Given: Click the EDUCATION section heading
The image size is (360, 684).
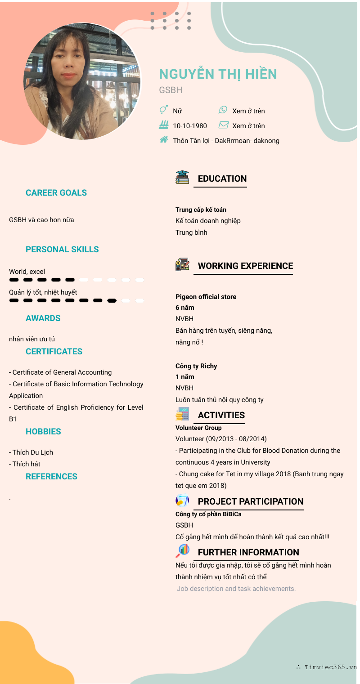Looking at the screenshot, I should pos(222,179).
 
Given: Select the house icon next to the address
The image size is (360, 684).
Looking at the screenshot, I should pos(164,140).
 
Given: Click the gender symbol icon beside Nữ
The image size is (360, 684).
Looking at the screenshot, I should pos(164,110).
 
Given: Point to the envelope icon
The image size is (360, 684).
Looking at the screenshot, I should pos(224,125).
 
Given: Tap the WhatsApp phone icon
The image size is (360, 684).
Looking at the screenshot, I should pos(223,110).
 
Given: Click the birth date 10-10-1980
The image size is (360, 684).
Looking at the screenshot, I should pos(190,126).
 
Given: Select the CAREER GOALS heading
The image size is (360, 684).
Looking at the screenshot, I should pos(56,193).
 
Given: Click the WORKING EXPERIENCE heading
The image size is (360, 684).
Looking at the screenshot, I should pos(245,266).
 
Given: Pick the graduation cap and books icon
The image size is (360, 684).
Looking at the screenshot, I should pos(182,177).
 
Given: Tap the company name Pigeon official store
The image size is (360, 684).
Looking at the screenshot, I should pos(206,297).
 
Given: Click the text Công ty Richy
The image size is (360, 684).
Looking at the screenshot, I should pos(196,366).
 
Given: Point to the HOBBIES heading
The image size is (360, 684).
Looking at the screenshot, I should pos(43,432).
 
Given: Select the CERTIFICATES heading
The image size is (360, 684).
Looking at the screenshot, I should pos(54,352).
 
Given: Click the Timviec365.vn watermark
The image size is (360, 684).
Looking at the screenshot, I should pos(327,667).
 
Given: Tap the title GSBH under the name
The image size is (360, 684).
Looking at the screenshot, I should pos(171,90).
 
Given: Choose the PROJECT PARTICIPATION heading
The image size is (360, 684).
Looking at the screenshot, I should pos(251,501).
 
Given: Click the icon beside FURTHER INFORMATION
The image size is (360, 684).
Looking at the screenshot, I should pos(182,550).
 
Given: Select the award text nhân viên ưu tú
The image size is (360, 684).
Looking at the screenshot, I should pos(32,339).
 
